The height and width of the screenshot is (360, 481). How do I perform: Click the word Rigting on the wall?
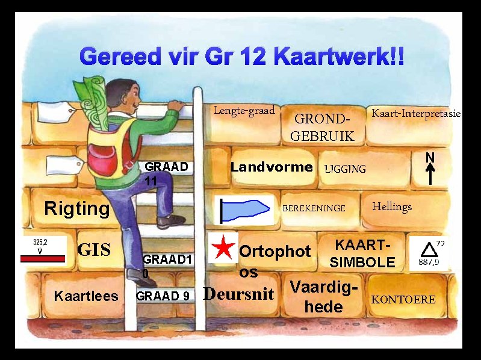point(77,208)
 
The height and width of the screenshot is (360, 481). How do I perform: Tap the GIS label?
point(95,249)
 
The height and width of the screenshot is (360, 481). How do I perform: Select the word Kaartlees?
point(86,296)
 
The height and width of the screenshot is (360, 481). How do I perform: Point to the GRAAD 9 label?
point(163,296)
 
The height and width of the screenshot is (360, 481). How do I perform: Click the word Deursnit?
point(240,294)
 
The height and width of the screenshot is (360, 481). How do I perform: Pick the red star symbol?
point(223,247)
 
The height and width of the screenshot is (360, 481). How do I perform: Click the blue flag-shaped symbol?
point(244,208)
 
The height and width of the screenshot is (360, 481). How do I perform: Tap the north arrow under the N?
point(430,174)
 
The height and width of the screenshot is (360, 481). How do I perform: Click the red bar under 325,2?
point(42,258)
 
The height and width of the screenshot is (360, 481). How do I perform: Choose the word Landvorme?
point(272,167)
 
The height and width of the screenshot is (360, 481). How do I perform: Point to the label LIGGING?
point(345,169)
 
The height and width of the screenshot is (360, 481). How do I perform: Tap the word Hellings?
point(392,206)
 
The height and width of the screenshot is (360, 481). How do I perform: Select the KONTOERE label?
point(403,299)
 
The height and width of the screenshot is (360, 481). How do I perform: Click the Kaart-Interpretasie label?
point(416,113)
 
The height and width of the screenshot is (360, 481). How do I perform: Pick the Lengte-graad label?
point(244,110)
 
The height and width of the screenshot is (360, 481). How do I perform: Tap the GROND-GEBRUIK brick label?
point(322,127)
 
